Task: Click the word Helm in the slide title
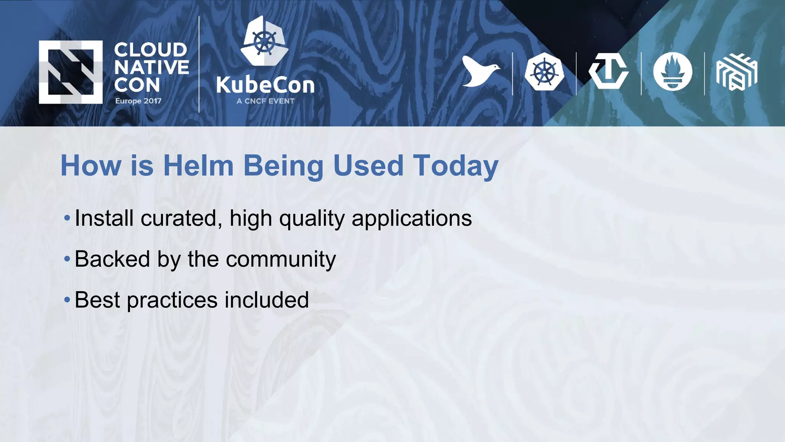198,166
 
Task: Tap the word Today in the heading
455,166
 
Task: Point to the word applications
412,218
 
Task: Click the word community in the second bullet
281,259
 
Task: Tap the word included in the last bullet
266,300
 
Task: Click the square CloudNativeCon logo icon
71,72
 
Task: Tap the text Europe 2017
138,101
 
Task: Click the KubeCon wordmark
265,85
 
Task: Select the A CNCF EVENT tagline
265,101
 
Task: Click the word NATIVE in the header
151,68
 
